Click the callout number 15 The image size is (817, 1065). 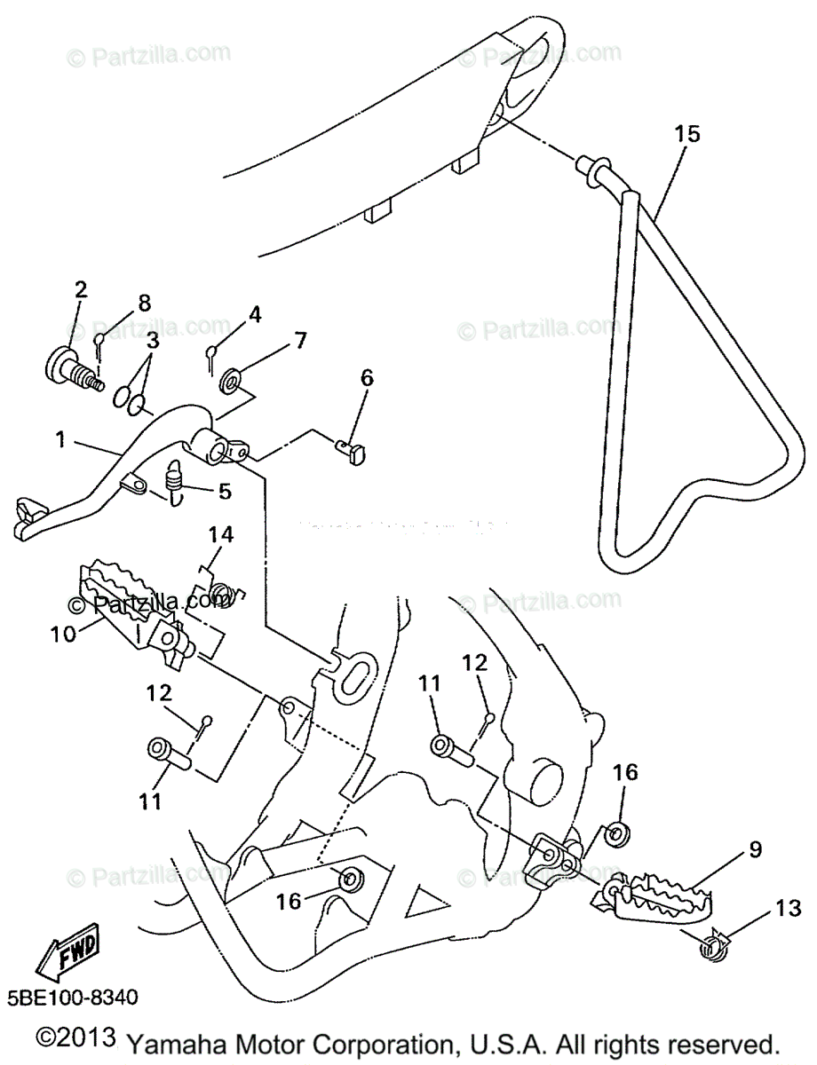[686, 134]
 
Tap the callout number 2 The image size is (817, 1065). [81, 288]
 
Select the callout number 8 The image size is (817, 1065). [144, 303]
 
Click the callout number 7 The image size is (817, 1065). [300, 340]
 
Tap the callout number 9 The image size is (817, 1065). [754, 849]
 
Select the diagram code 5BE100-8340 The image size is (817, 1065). [75, 998]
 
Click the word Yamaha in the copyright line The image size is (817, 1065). [175, 1042]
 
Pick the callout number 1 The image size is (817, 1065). [59, 439]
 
